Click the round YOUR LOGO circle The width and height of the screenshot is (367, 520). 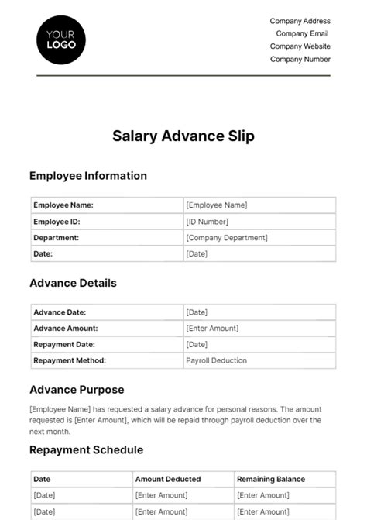tap(61, 39)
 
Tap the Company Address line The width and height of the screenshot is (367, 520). tap(300, 21)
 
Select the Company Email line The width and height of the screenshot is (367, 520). tap(302, 33)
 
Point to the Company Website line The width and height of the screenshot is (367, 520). tap(300, 46)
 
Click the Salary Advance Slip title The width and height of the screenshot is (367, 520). tap(183, 136)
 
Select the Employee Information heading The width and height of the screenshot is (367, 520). tap(88, 176)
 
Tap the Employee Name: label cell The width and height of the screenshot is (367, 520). tap(63, 205)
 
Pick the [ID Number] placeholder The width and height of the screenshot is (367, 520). tap(207, 222)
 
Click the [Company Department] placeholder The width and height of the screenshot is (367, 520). tap(227, 238)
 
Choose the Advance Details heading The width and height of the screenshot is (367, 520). tap(73, 283)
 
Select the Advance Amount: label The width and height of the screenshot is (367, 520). tap(66, 329)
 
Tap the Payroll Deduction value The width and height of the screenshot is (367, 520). tap(217, 360)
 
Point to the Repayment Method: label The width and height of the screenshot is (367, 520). tap(70, 360)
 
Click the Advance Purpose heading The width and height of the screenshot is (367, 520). tap(77, 390)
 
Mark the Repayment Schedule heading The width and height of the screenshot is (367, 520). tap(86, 450)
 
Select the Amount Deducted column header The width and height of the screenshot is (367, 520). tap(168, 480)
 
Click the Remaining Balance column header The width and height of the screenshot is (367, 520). tap(271, 480)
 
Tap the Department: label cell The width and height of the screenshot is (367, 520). tap(57, 238)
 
